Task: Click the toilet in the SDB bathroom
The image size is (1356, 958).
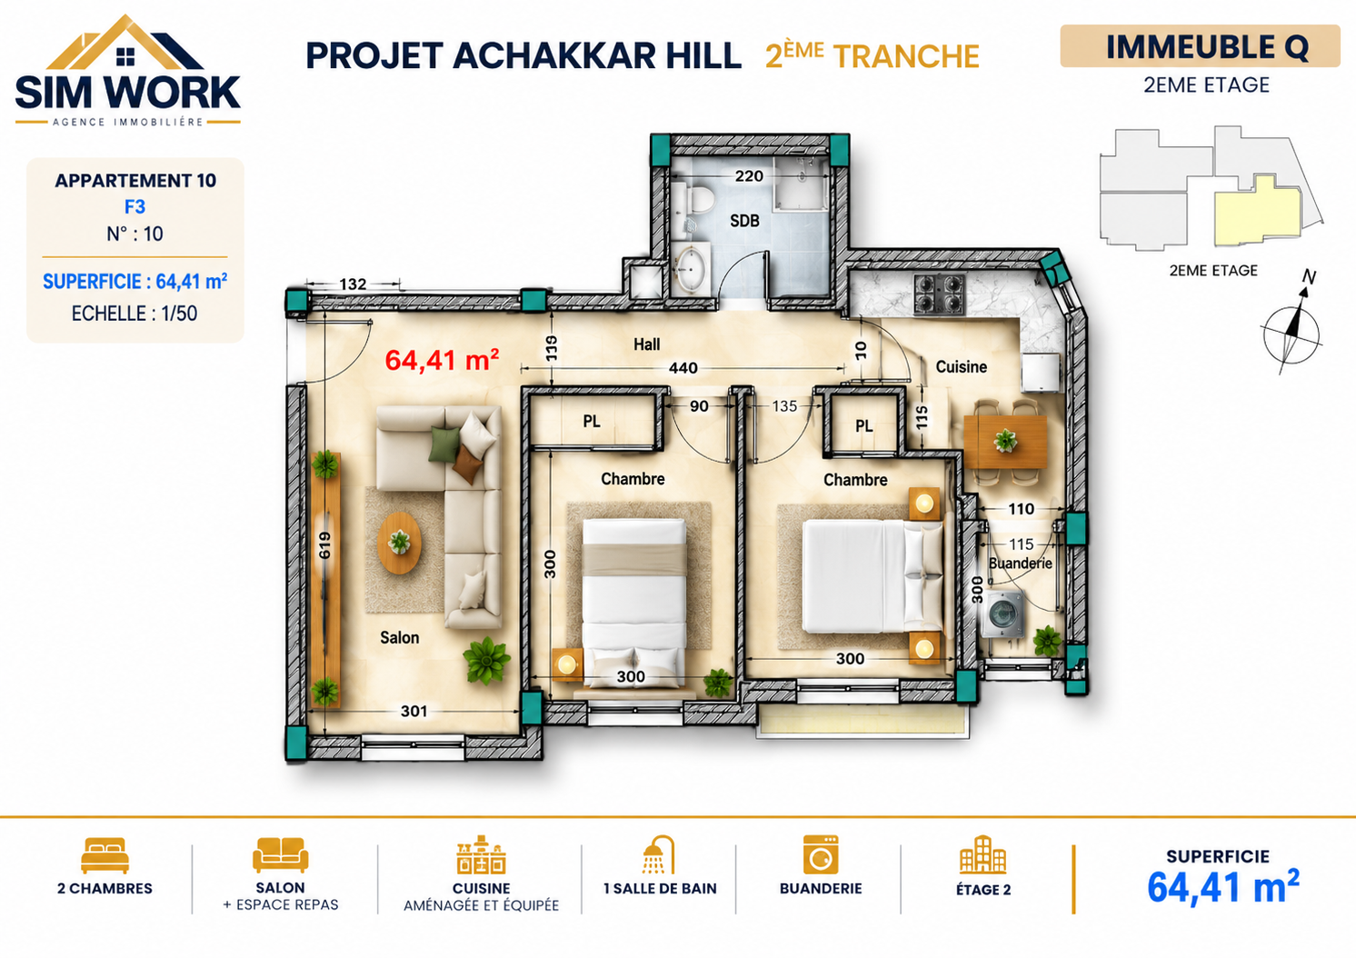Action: coord(697,197)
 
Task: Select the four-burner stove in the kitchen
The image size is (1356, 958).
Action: coord(940,294)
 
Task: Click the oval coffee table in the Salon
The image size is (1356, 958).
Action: coord(400,543)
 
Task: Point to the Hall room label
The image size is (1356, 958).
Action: coord(646,344)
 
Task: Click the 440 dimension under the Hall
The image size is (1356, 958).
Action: coord(683,367)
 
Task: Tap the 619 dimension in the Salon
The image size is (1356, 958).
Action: coord(325,545)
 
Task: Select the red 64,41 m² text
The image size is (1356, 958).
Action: coord(442,360)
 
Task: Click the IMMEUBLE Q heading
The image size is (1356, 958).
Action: coord(1208,46)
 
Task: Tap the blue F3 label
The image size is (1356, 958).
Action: coord(135,207)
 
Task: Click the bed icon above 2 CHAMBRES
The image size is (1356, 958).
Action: coord(105,855)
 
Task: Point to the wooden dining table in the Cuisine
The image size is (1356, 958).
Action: coord(1005,442)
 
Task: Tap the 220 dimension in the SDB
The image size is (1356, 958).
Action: coord(749,176)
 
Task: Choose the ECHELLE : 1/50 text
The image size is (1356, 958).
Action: coord(135,314)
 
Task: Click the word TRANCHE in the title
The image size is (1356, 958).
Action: coord(906,57)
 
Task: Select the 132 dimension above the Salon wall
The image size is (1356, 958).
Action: coord(353,284)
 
